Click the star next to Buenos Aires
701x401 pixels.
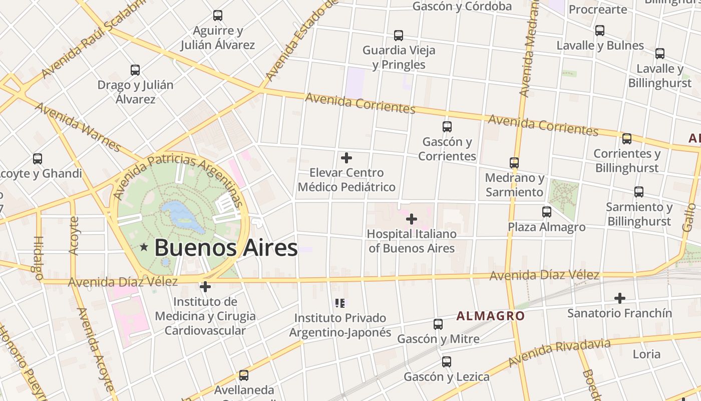(x=144, y=247)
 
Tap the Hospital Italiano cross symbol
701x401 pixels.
(x=411, y=219)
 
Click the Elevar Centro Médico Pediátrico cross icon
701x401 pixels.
(x=346, y=158)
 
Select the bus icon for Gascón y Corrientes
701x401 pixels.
(x=447, y=127)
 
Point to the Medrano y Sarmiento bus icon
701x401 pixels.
(x=514, y=163)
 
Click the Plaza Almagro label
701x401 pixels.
(x=546, y=227)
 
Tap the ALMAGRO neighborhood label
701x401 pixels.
(x=490, y=316)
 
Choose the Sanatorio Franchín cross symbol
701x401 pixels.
(x=620, y=298)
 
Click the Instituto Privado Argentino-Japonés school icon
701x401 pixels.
(x=340, y=303)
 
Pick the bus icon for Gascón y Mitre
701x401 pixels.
(x=438, y=324)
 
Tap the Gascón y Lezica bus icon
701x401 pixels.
(x=447, y=362)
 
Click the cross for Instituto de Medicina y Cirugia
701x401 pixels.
(x=205, y=287)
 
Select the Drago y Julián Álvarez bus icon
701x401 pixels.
(x=135, y=70)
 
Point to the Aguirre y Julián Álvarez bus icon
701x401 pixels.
(x=218, y=16)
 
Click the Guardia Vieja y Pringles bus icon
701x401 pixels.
(x=399, y=36)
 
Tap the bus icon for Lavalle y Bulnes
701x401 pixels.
(x=600, y=31)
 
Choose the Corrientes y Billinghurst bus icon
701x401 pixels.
(x=627, y=139)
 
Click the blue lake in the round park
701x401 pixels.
(x=183, y=217)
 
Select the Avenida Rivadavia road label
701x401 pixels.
(x=559, y=352)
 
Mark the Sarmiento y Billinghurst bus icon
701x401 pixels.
(x=639, y=192)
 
